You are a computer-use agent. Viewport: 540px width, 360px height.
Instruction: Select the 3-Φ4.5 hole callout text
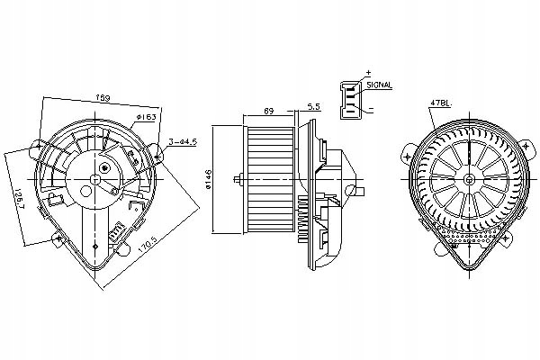tap(184, 140)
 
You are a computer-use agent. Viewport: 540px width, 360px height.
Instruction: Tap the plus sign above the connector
tap(368, 70)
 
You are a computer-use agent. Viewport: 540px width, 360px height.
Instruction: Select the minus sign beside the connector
tap(370, 109)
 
